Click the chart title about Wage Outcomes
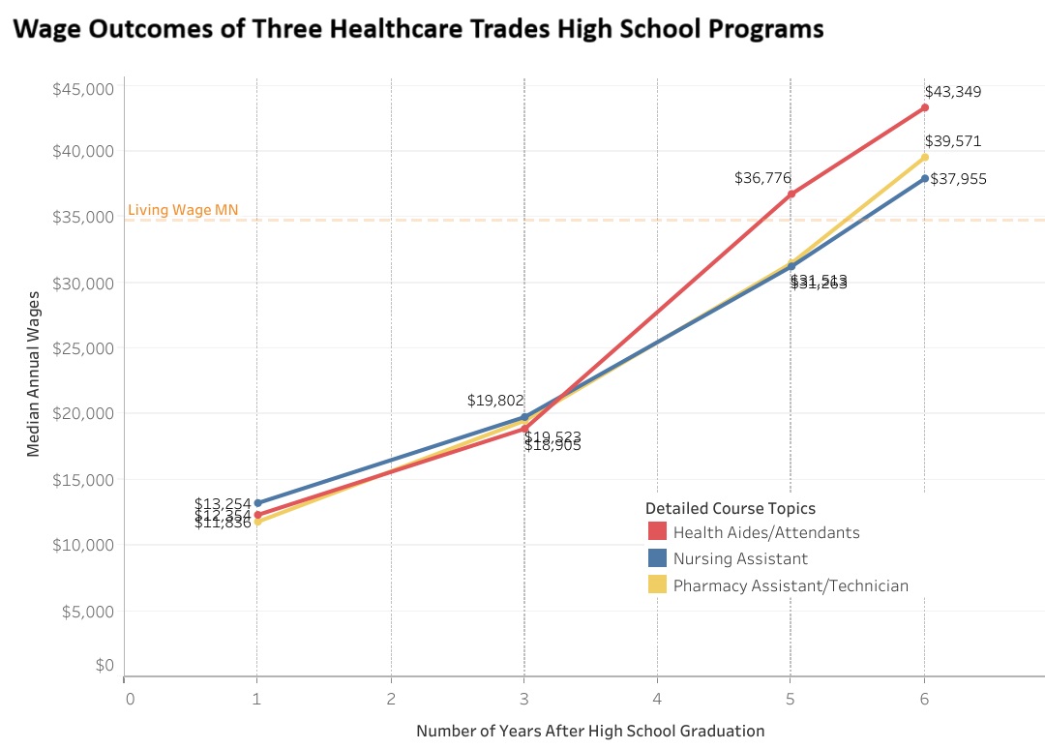[x=418, y=29]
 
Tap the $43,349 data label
[x=953, y=92]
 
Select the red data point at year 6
[x=925, y=107]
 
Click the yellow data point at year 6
[x=925, y=157]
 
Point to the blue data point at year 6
[x=925, y=178]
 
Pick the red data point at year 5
[x=791, y=194]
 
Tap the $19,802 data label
[x=495, y=400]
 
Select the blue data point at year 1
[x=257, y=503]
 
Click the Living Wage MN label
[x=183, y=210]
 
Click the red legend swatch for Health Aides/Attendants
[x=658, y=531]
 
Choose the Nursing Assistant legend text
[x=740, y=558]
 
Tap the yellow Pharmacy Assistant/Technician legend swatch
[x=658, y=584]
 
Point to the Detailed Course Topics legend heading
[x=731, y=508]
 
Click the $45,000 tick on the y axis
[x=82, y=89]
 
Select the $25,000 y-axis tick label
[x=82, y=348]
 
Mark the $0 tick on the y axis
[x=104, y=665]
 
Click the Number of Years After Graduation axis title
[x=590, y=732]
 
